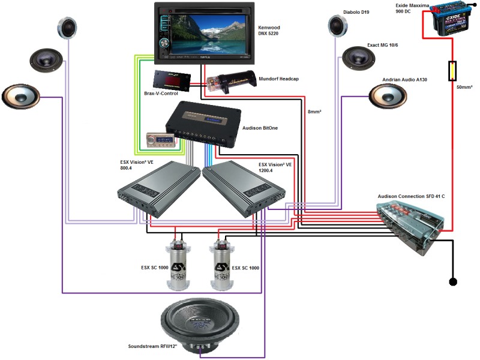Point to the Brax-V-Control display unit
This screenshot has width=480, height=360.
[x=172, y=79]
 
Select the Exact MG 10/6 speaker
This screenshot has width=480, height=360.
[x=358, y=58]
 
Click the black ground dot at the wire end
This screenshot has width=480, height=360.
[x=454, y=281]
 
